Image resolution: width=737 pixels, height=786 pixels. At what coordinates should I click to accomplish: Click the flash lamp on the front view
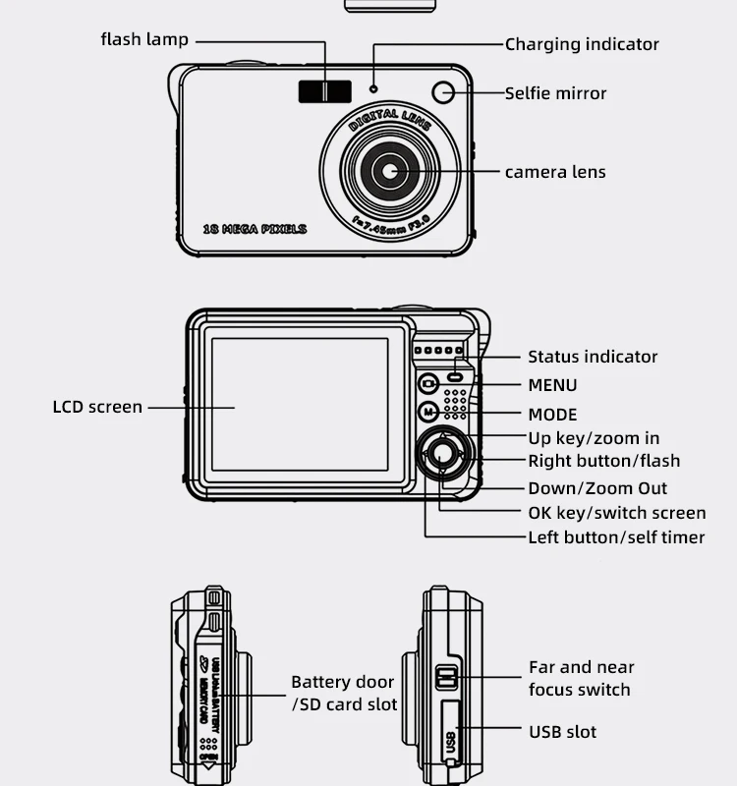325,91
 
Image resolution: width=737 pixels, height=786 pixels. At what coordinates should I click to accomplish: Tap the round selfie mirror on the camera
443,92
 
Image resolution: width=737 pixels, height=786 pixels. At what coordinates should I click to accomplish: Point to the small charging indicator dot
373,90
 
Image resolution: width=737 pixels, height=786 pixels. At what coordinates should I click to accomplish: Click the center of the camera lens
390,171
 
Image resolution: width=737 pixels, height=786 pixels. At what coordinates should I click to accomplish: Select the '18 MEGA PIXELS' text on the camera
255,229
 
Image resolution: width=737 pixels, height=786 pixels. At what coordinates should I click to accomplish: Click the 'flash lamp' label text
144,39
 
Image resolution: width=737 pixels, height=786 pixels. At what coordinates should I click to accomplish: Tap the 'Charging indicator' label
582,44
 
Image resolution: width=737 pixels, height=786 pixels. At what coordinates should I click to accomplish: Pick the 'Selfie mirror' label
555,93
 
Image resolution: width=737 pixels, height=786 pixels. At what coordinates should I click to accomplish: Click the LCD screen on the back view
300,404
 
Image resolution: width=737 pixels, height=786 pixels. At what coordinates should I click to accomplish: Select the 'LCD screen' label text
97,407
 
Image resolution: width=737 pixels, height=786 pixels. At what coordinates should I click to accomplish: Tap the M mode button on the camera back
428,413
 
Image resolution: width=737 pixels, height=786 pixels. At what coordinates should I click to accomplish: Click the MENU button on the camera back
428,384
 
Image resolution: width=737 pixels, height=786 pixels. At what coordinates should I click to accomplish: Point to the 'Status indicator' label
593,357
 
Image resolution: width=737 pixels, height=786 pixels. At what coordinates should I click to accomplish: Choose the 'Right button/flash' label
603,461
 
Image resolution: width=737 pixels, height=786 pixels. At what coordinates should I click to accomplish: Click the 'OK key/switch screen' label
616,512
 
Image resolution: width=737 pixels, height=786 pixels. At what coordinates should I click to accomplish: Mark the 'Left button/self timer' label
616,537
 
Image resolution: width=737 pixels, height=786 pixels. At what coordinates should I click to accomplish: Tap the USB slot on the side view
450,732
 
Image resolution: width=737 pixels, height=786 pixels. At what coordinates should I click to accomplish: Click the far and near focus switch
447,677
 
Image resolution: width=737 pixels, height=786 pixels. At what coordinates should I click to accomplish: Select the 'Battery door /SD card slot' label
343,693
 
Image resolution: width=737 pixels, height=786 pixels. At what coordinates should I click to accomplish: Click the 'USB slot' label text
562,732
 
